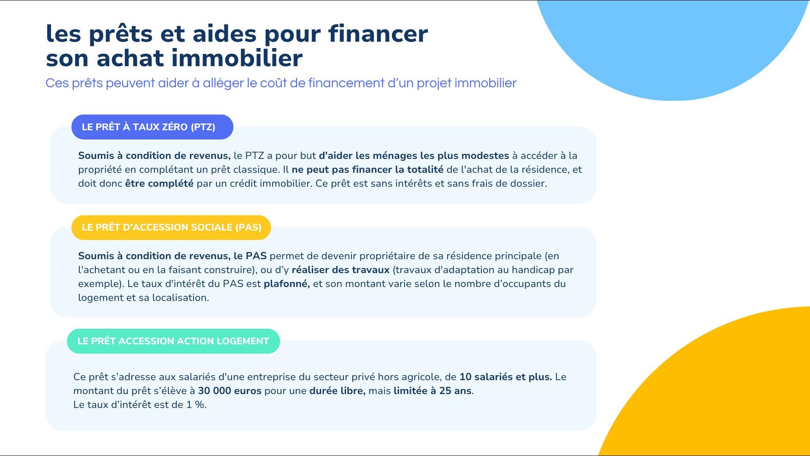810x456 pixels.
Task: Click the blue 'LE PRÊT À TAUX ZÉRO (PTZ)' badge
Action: pyautogui.click(x=152, y=127)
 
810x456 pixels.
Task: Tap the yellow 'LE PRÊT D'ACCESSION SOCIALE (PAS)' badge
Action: pyautogui.click(x=171, y=228)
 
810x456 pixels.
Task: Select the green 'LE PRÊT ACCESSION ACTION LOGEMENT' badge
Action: pyautogui.click(x=173, y=341)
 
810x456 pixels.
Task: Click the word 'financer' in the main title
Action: pyautogui.click(x=378, y=33)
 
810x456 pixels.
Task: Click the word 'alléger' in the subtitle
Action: pyautogui.click(x=223, y=83)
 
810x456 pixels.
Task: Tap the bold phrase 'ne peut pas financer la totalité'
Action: pyautogui.click(x=367, y=169)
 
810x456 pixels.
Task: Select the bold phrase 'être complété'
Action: pyautogui.click(x=159, y=184)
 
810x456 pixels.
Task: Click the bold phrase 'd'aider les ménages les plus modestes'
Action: pyautogui.click(x=414, y=156)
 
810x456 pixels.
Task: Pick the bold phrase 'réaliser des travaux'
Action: pyautogui.click(x=340, y=270)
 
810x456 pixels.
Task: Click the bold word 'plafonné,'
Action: pyautogui.click(x=287, y=284)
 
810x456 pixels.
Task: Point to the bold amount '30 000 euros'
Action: pyautogui.click(x=229, y=391)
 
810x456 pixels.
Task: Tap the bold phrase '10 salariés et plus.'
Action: pyautogui.click(x=505, y=377)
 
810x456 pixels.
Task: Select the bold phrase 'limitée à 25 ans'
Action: pyautogui.click(x=432, y=391)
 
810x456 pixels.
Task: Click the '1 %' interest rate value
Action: pyautogui.click(x=196, y=405)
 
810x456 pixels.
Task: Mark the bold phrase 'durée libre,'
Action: pyautogui.click(x=337, y=391)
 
